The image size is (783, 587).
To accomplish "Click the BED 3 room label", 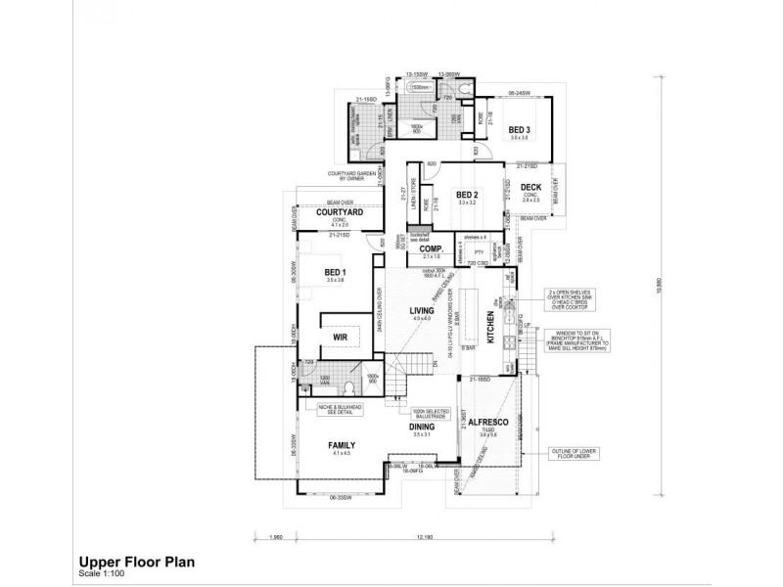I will tap(519, 130).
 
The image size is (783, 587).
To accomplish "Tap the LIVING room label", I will tap(422, 310).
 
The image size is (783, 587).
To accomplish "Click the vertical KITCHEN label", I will tap(490, 325).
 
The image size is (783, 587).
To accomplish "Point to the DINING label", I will tap(421, 427).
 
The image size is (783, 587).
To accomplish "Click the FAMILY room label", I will tap(341, 445).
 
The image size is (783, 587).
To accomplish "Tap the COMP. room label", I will tap(432, 248).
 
